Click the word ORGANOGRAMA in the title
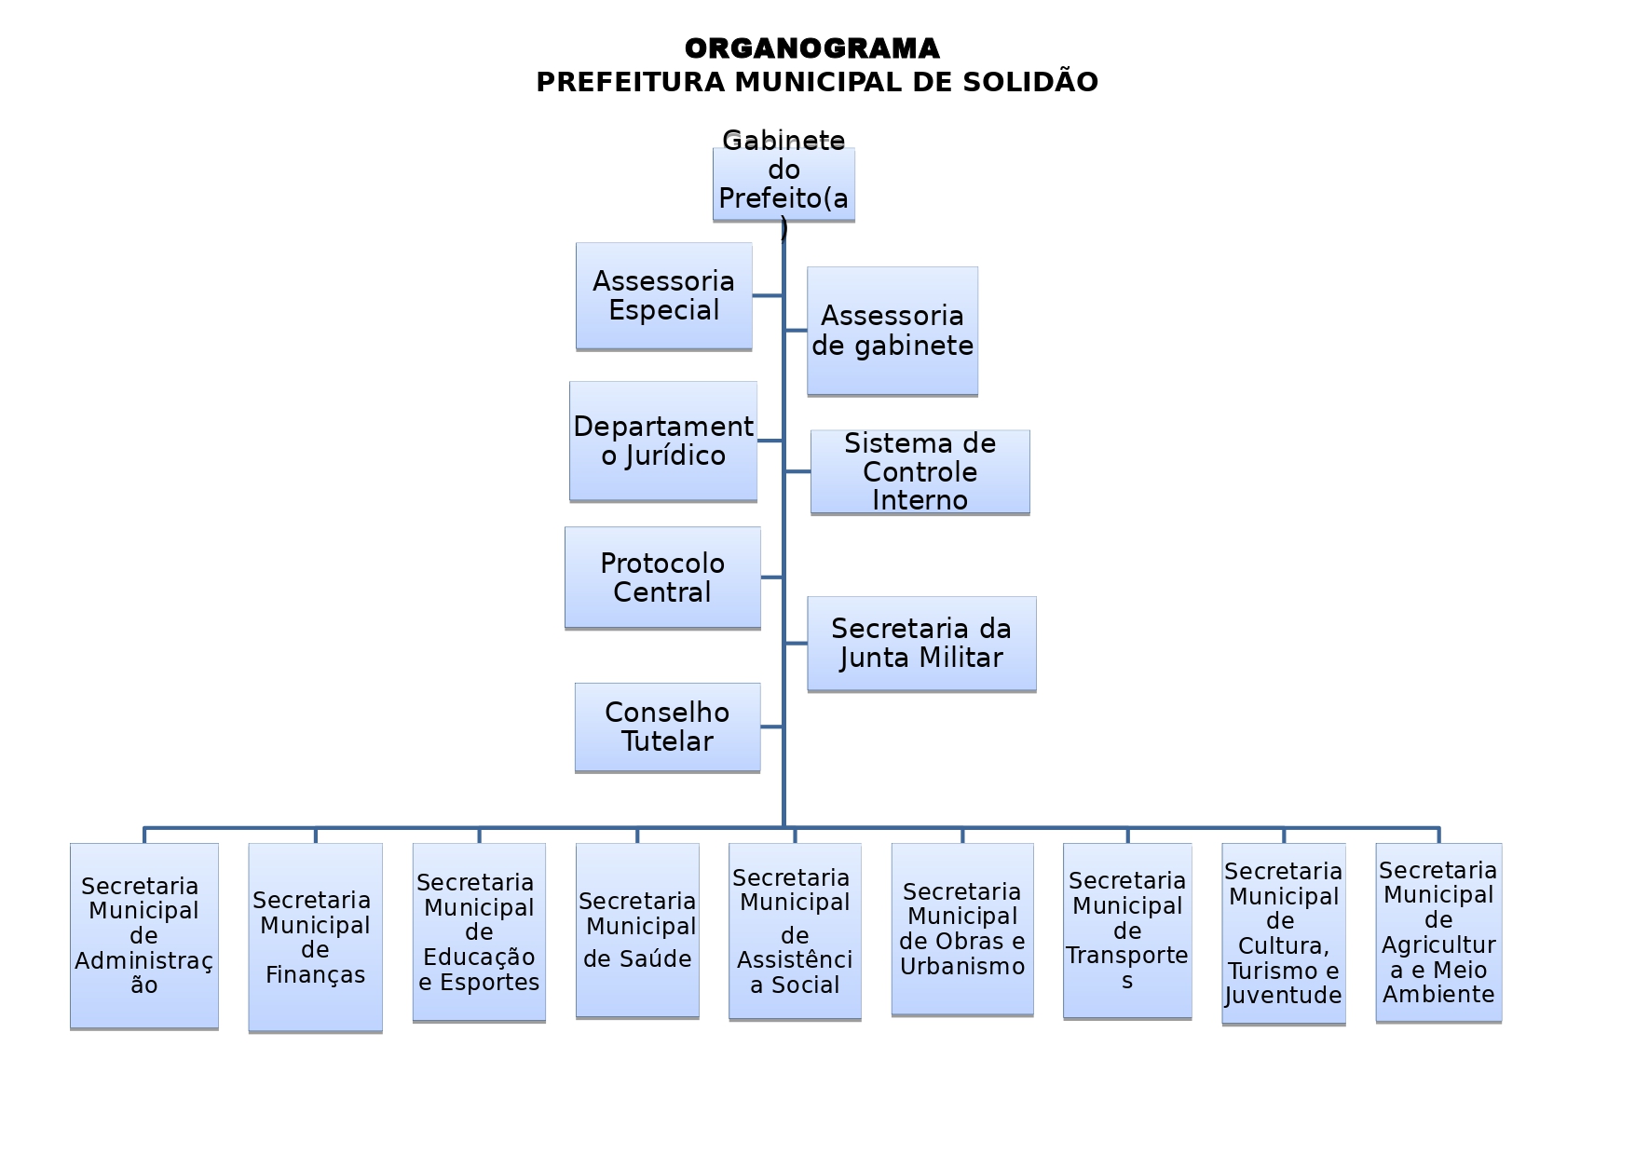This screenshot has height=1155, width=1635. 811,48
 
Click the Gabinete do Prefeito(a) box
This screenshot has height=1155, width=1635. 783,183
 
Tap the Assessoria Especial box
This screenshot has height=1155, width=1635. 663,295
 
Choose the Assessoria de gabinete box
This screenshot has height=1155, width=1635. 892,331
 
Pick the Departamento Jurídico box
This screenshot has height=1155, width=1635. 662,441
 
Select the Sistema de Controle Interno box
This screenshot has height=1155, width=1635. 920,471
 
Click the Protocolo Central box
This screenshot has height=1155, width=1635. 662,577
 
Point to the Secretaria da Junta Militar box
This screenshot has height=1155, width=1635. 920,644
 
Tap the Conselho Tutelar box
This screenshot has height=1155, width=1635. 667,727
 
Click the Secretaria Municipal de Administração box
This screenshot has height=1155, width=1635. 143,935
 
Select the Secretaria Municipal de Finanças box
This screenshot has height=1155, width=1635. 315,937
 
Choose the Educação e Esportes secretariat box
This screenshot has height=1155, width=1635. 479,931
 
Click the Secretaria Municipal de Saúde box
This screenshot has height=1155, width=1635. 637,930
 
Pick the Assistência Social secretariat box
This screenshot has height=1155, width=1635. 795,931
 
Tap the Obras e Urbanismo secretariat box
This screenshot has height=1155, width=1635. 962,929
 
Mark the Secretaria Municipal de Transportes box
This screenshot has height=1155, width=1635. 1127,931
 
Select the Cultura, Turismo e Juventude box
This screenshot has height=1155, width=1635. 1283,933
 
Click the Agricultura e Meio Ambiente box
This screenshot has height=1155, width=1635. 1438,932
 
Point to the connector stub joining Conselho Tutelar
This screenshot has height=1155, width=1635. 771,727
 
